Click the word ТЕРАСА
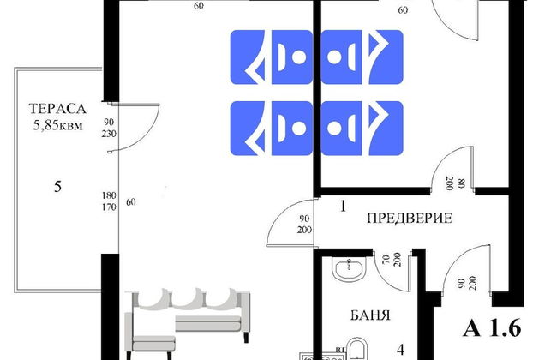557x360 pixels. tap(57, 108)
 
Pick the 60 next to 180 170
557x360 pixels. tap(131, 202)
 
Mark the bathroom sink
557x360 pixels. tap(350, 269)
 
